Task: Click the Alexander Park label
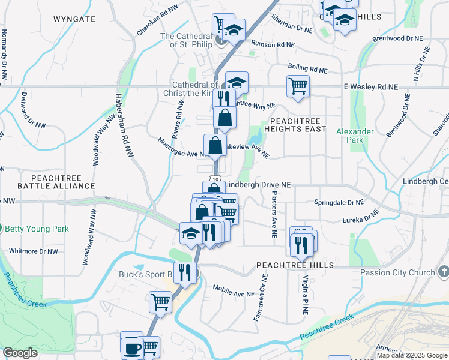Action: click(364, 136)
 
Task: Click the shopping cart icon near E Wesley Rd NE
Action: click(298, 86)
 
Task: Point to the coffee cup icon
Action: click(132, 348)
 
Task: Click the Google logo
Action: click(20, 353)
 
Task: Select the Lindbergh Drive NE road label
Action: click(259, 185)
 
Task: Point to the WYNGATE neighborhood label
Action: click(74, 19)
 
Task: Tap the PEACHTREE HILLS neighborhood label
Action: click(295, 265)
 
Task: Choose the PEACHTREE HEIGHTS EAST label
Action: click(298, 125)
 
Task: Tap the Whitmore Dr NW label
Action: click(34, 251)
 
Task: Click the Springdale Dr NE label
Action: click(339, 202)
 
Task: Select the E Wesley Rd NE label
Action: click(371, 87)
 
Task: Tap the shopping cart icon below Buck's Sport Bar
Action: click(160, 302)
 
